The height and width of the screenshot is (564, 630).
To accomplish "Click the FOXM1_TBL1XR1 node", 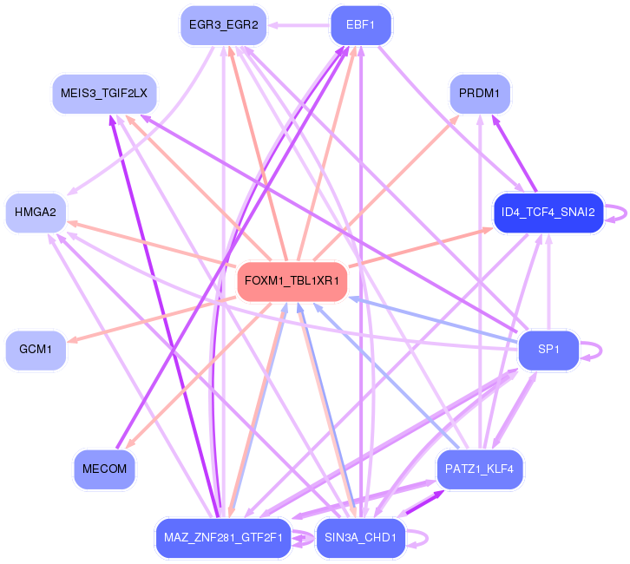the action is (x=292, y=281).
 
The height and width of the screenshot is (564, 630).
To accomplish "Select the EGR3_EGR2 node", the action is (x=223, y=25).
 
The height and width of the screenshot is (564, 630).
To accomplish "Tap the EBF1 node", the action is (x=360, y=25).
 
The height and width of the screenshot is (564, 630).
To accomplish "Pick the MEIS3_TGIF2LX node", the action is (x=104, y=94).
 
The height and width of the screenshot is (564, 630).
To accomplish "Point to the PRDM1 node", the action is (x=479, y=94).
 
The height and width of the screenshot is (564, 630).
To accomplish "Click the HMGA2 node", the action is (x=36, y=213).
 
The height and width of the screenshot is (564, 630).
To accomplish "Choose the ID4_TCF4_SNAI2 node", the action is (x=548, y=213).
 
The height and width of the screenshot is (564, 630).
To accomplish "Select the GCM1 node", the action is (x=36, y=350).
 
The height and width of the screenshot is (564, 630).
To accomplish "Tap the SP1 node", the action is (x=548, y=350).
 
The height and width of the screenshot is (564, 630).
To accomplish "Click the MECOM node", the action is (x=104, y=469).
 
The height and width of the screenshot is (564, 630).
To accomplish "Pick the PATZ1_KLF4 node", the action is (x=479, y=469).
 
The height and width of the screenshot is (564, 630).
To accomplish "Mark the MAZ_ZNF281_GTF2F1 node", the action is (x=223, y=538).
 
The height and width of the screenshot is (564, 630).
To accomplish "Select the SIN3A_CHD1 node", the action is (x=360, y=538).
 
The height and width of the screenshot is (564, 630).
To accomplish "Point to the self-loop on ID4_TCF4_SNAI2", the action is (x=626, y=213).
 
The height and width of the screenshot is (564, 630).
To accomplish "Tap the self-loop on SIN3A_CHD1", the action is (x=427, y=538).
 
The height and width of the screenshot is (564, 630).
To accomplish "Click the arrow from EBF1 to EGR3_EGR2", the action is (x=299, y=25).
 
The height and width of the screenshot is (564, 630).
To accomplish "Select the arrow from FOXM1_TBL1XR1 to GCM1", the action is (x=152, y=320).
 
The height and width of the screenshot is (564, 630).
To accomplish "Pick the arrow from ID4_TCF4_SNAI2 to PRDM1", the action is (x=514, y=154).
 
